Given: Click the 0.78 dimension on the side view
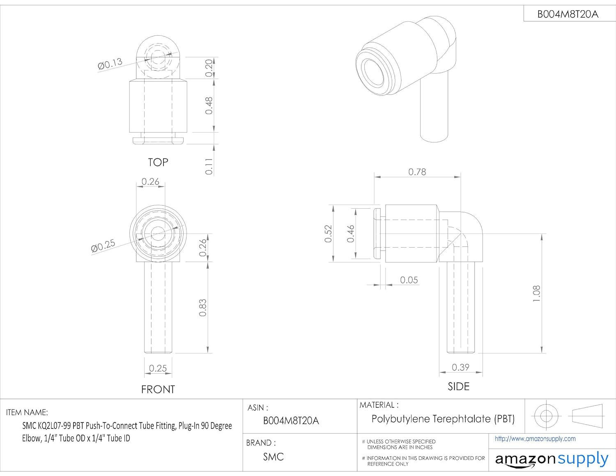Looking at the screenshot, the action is coord(417,172).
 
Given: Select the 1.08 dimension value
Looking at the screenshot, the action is coord(536,294).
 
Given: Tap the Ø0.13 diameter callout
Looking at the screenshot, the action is coord(110,64).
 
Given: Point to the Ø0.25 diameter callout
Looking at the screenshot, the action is coord(103,246).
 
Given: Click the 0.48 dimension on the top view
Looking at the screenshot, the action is coord(209,106).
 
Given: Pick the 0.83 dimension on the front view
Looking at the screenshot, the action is coord(202,308).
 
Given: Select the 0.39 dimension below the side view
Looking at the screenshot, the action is coord(460,367).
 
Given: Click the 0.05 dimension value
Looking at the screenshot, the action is coord(409,280).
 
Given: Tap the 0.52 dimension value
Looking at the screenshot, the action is coord(328,233).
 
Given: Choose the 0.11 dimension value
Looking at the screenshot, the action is coord(209,166).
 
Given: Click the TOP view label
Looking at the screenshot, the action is coord(158,162).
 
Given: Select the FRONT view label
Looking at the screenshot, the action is coord(158,389).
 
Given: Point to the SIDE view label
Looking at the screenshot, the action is coord(458,386).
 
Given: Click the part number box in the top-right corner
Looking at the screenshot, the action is coord(568,14).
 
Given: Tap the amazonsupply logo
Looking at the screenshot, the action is coord(552,460).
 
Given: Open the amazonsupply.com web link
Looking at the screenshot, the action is coord(535,439).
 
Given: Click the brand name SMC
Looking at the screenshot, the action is coord(274,457).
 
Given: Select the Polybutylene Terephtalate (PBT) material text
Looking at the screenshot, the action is coord(443,419).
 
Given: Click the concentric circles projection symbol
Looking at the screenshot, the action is coord(546,416).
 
